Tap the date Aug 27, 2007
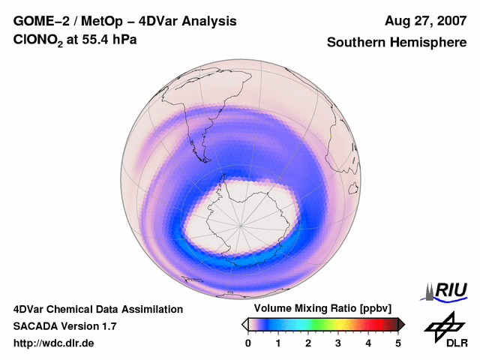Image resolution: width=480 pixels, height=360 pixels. tap(425, 21)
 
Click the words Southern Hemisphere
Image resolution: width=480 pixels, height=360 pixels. tap(397, 43)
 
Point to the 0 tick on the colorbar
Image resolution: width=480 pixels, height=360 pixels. tap(248, 343)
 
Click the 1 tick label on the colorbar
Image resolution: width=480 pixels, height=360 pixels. tap(278, 343)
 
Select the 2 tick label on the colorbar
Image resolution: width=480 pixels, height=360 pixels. tap(308, 343)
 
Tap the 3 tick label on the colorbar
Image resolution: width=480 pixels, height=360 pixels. tap(338, 343)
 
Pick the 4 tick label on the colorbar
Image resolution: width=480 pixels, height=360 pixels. tap(368, 343)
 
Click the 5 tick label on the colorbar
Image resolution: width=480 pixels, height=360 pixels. tap(398, 343)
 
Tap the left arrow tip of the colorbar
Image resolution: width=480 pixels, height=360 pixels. tap(244, 324)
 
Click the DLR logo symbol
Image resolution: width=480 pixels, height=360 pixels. tap(444, 325)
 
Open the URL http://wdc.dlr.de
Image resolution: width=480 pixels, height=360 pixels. tap(54, 343)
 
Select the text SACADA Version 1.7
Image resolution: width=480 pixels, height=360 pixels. tap(64, 326)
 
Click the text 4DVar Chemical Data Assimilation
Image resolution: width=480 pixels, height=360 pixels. tap(98, 309)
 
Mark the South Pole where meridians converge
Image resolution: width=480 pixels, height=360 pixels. tap(241, 225)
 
